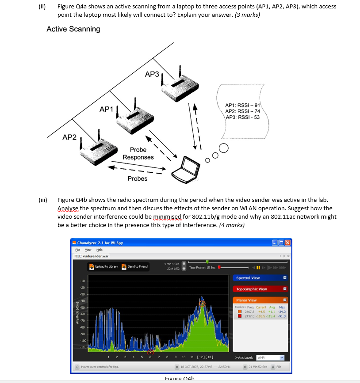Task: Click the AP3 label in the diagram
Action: pos(152,74)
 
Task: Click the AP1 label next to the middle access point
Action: pos(107,109)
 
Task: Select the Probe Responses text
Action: pos(138,154)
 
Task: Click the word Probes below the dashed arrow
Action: pos(138,178)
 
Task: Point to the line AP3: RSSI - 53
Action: pos(242,117)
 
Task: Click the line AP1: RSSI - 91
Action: pos(242,106)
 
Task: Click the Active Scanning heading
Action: pos(73,29)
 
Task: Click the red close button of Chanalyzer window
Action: pos(288,243)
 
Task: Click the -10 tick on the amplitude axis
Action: pos(82,281)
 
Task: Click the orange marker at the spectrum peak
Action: pos(202,303)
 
